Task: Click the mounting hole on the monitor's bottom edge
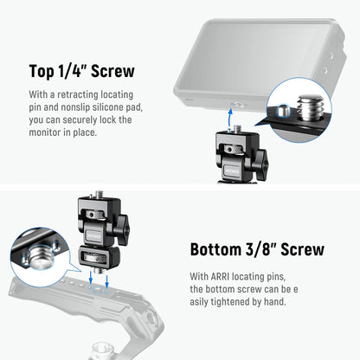[x=228, y=100]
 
